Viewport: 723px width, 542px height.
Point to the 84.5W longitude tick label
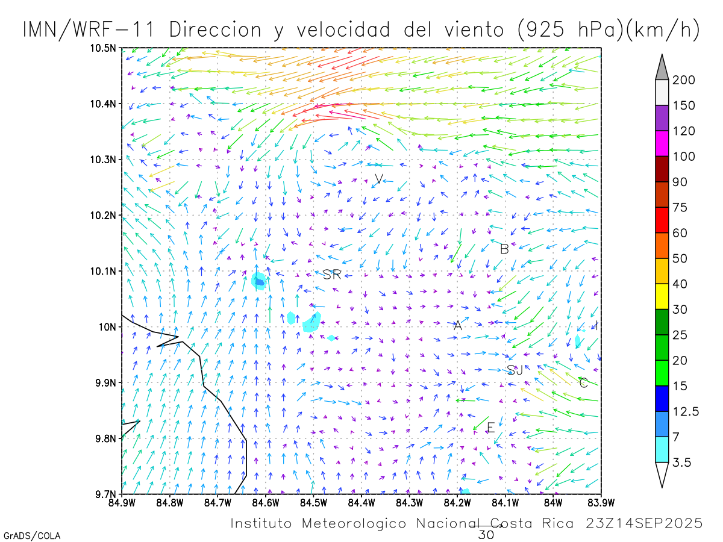click(x=313, y=502)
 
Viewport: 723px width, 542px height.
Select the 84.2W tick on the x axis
click(x=457, y=502)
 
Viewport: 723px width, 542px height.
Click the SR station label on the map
click(x=332, y=275)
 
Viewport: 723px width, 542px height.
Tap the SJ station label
click(x=515, y=370)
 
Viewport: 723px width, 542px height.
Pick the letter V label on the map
click(x=378, y=179)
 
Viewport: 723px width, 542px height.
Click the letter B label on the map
click(x=504, y=248)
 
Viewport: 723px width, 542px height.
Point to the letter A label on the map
click(x=457, y=326)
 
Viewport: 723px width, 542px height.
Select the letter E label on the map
click(x=490, y=428)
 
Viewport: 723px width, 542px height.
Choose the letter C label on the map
click(x=583, y=382)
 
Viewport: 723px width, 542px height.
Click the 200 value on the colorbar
click(x=684, y=80)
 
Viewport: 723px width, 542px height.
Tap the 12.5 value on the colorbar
click(x=686, y=411)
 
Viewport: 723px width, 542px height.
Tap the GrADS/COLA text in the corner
click(x=32, y=535)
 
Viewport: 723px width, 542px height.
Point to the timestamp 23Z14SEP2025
click(x=644, y=523)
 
